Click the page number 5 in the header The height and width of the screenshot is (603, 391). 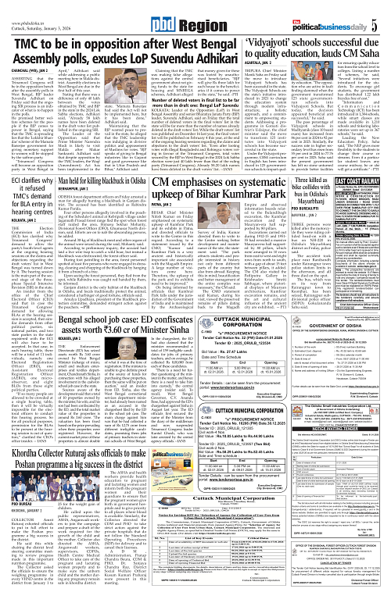tap(385, 9)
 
